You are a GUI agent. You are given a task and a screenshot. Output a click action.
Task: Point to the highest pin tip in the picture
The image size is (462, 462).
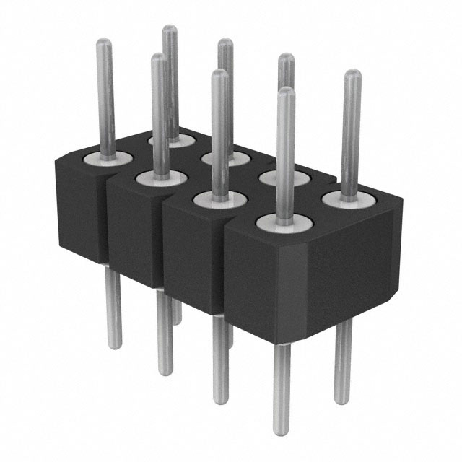point(170,28)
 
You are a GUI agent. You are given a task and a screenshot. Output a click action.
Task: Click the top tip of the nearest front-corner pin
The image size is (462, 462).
point(287,91)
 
